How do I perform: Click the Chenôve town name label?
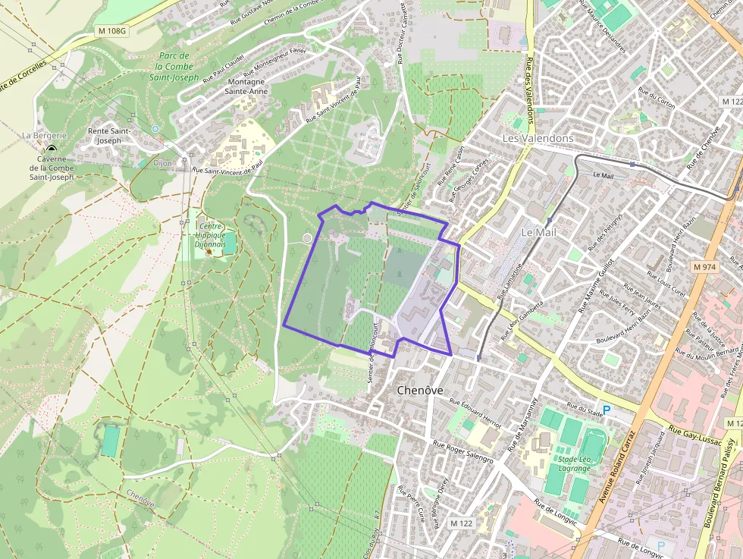[x=420, y=390]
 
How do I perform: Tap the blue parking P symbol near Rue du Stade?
[x=606, y=410]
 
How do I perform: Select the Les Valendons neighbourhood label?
[x=538, y=139]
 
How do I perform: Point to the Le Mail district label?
[x=538, y=232]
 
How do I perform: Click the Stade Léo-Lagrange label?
[x=574, y=463]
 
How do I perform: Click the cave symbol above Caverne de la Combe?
[x=52, y=150]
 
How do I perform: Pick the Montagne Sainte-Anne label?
[x=246, y=86]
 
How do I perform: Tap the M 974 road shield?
[x=704, y=267]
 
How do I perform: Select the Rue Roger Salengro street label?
[x=463, y=453]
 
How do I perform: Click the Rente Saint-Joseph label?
[x=110, y=135]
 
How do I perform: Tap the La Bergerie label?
[x=44, y=135]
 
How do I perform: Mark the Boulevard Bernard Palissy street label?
[x=726, y=482]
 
